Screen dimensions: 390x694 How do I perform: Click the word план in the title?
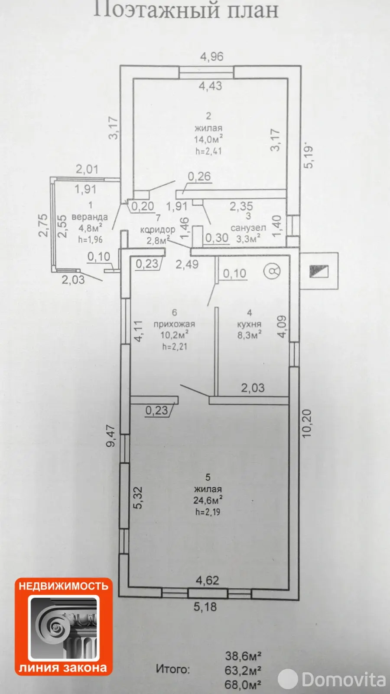click(253, 10)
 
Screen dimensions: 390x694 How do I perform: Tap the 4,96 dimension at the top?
click(212, 57)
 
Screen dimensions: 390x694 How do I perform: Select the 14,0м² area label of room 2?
click(208, 139)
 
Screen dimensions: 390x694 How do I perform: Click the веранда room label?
click(89, 217)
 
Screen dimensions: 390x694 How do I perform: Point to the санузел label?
click(248, 228)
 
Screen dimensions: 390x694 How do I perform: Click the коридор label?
click(158, 230)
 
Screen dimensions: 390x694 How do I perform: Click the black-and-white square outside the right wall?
click(319, 271)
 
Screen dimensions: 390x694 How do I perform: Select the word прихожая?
click(174, 324)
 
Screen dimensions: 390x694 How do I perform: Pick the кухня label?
click(249, 324)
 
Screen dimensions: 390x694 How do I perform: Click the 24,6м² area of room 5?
click(208, 500)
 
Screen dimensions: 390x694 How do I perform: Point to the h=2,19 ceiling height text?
click(208, 512)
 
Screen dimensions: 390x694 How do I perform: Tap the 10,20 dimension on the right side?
click(306, 423)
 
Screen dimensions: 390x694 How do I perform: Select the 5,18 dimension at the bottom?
click(205, 607)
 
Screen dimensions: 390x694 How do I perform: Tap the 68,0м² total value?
click(243, 684)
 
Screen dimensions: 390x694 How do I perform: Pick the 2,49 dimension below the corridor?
click(187, 264)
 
